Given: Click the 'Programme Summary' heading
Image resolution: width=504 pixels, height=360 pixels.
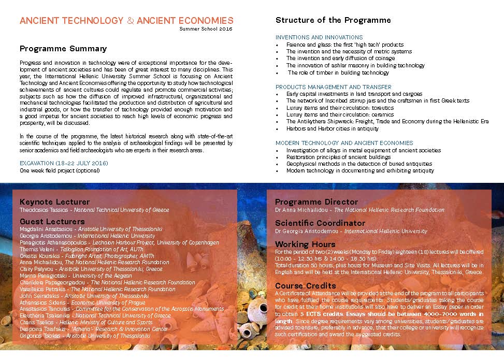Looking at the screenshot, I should [63, 49].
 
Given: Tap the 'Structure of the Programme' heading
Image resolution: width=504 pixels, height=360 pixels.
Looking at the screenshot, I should [333, 20].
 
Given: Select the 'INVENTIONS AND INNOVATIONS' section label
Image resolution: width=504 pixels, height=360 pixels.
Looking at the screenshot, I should [319, 37].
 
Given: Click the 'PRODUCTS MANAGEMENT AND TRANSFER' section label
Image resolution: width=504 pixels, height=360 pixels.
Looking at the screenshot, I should [334, 87].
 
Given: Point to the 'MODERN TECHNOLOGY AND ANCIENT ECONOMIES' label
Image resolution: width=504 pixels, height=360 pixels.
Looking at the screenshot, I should [344, 143].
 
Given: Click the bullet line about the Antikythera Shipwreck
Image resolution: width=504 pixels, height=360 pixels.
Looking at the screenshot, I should [387, 122].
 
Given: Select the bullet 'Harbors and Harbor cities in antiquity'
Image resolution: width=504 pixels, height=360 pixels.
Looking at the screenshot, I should [332, 128].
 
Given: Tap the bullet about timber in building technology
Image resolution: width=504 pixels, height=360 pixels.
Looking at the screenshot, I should [338, 73].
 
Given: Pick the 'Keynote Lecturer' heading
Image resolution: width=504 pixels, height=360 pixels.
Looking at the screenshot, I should [54, 201].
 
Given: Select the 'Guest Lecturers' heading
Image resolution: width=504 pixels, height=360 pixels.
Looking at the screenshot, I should [52, 222].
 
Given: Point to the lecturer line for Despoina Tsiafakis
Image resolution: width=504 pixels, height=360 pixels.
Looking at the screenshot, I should [93, 329].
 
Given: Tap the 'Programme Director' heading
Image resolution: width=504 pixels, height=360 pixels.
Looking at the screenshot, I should [316, 201].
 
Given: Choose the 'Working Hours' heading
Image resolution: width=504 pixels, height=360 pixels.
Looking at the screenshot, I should [305, 244].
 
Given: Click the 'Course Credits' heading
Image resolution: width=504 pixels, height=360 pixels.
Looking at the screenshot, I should [305, 285].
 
